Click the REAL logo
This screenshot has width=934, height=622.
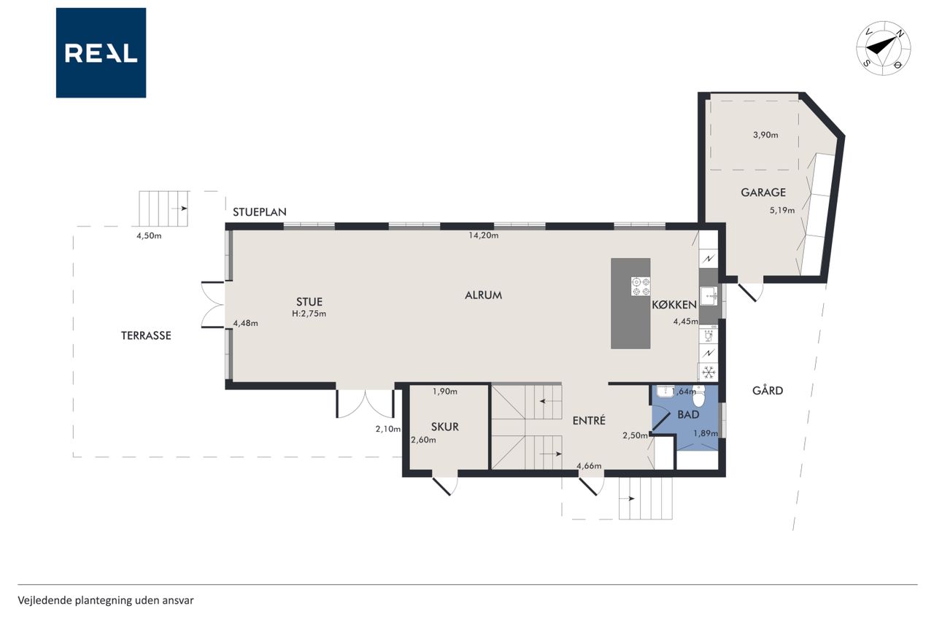coord(101,53)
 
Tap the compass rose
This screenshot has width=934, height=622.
coord(883,49)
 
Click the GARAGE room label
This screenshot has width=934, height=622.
coord(763,193)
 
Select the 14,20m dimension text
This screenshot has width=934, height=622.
coord(483,236)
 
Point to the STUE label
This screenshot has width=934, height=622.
coord(309,302)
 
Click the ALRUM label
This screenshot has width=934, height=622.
coord(483,295)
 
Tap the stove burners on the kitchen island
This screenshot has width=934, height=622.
coord(641,287)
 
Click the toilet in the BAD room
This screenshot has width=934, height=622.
coord(698,396)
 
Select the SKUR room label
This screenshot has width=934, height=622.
coord(445,427)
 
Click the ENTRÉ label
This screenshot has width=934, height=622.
coord(589,420)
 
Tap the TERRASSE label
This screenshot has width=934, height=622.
coord(146,335)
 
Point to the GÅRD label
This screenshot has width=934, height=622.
coord(768,390)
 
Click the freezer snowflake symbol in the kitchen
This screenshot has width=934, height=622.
coord(709,372)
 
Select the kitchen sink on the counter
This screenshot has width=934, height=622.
coord(709,297)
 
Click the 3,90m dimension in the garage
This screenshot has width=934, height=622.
coord(765,135)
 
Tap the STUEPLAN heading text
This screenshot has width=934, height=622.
coord(259,212)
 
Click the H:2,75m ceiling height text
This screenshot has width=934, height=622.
coord(309,314)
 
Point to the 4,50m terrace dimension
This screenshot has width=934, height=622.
coord(149,236)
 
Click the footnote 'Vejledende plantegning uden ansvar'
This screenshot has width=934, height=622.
coord(106,600)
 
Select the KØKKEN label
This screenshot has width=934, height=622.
coord(674,305)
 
